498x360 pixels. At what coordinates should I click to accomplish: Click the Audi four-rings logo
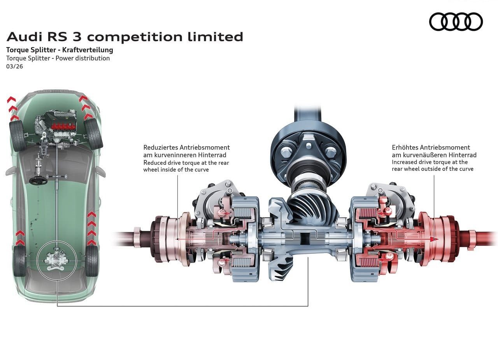(456, 21)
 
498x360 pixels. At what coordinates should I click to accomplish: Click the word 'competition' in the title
(135, 37)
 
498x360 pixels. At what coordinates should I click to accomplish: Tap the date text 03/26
(14, 66)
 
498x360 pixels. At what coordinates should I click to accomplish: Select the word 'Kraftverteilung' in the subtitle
(88, 50)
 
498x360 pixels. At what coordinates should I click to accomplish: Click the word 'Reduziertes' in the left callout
(161, 148)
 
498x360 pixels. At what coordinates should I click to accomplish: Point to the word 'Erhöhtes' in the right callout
(405, 148)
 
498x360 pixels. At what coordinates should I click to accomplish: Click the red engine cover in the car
(63, 126)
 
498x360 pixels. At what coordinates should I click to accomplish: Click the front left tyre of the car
(18, 136)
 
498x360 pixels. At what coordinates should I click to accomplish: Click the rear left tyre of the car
(19, 261)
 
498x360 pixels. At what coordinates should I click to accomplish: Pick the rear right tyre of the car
(91, 261)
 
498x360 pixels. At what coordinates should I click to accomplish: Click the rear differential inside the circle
(57, 261)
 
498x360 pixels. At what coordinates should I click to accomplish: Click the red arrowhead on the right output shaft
(432, 239)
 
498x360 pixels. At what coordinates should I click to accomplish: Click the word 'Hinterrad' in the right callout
(463, 155)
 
